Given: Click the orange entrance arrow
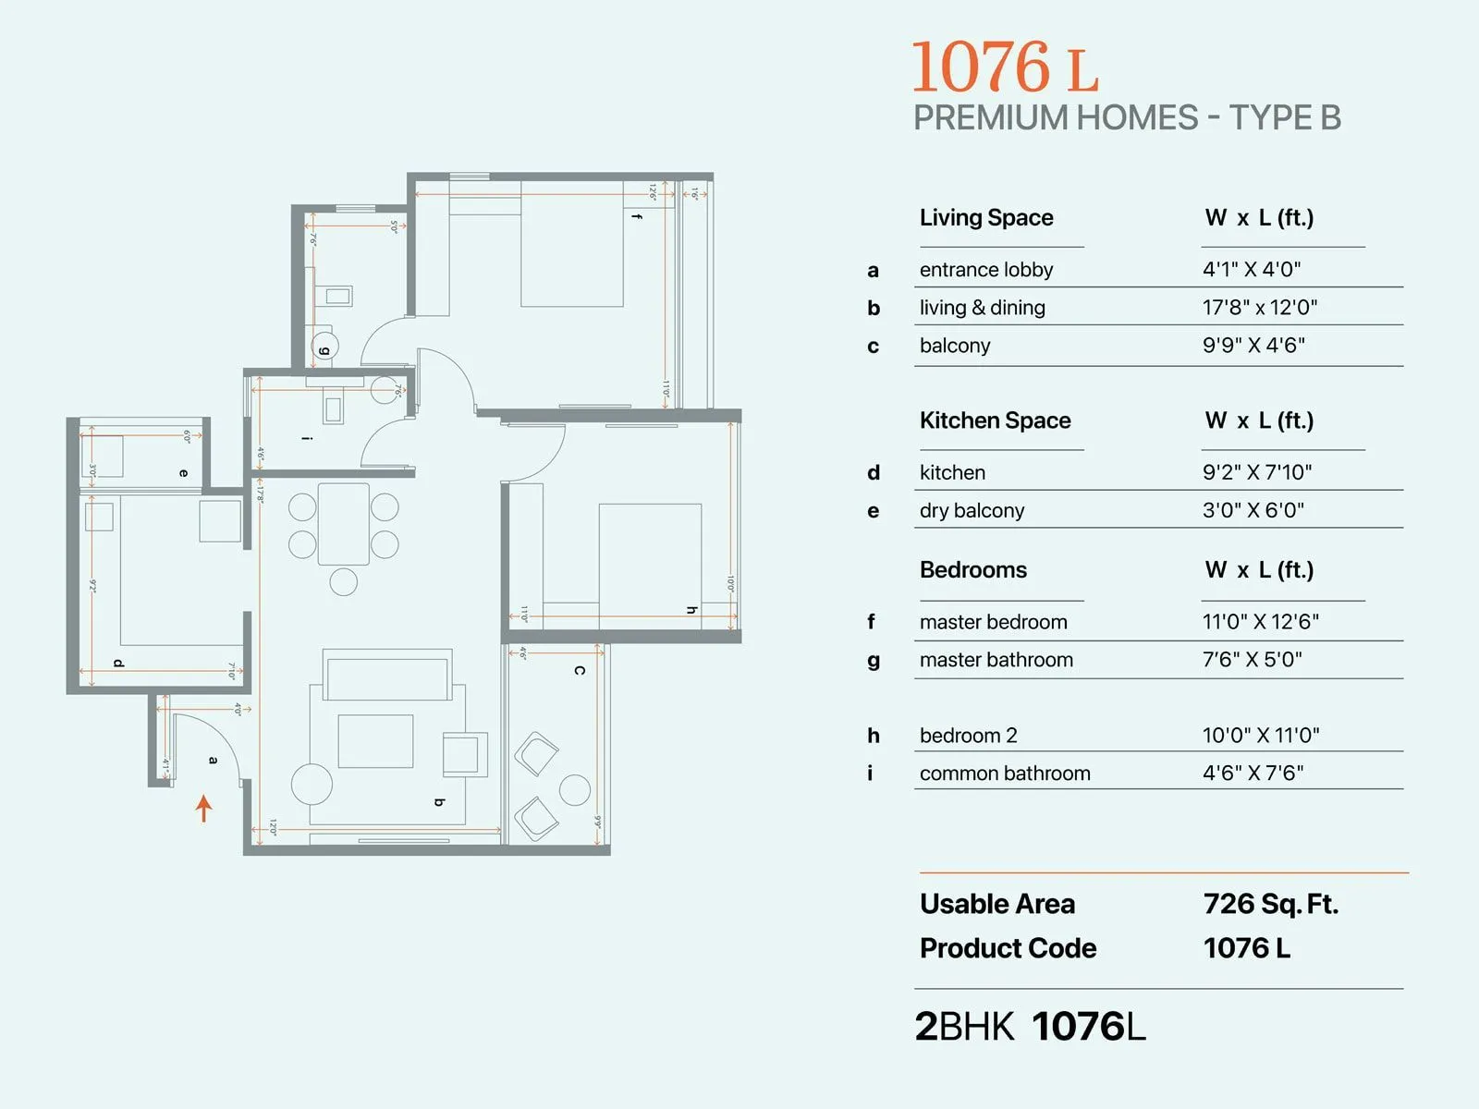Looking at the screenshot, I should pyautogui.click(x=204, y=808).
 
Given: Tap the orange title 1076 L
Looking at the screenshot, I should pyautogui.click(x=1005, y=67).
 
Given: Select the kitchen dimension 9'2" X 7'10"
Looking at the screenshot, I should pyautogui.click(x=1257, y=472).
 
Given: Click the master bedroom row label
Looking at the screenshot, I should pyautogui.click(x=993, y=622).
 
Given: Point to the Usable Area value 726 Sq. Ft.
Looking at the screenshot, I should pyautogui.click(x=1271, y=904).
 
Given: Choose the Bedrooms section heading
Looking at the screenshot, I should pyautogui.click(x=973, y=569).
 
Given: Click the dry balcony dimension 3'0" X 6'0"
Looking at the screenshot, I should pyautogui.click(x=1253, y=510).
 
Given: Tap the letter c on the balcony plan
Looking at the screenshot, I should pyautogui.click(x=580, y=670).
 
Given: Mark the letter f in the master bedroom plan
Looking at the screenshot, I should pyautogui.click(x=636, y=216).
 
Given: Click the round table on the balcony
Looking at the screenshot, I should pyautogui.click(x=575, y=790).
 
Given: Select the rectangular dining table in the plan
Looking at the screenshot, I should pyautogui.click(x=343, y=524).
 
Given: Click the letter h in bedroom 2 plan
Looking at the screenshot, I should pyautogui.click(x=691, y=610).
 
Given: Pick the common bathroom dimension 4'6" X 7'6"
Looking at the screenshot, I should pyautogui.click(x=1253, y=773).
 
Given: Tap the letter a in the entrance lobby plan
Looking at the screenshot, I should pyautogui.click(x=214, y=760).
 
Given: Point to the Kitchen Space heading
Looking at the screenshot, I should pyautogui.click(x=995, y=420).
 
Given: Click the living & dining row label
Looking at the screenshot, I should pyautogui.click(x=982, y=308).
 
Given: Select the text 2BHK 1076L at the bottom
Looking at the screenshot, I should pyautogui.click(x=1030, y=1027).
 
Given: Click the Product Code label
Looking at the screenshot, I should pyautogui.click(x=1008, y=948).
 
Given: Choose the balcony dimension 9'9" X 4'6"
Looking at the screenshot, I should pyautogui.click(x=1253, y=345).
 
